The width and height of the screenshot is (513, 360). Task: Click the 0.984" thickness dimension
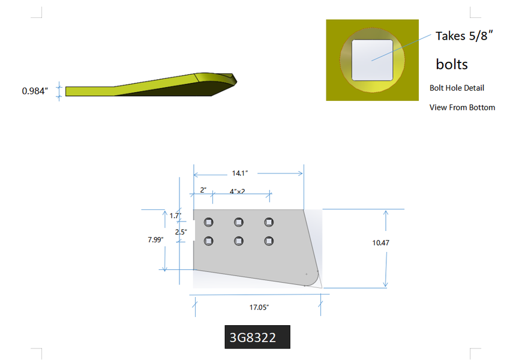(x=35, y=91)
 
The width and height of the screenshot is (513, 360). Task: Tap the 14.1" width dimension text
(x=240, y=173)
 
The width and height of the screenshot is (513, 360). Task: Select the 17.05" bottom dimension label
(x=259, y=307)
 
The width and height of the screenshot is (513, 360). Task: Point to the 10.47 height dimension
(x=381, y=243)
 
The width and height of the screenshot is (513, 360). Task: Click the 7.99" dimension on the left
(x=155, y=239)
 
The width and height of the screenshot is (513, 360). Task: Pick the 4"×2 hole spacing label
(x=238, y=191)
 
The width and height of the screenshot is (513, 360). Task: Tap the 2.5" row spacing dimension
(x=181, y=232)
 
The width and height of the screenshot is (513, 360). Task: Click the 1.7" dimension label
(x=175, y=215)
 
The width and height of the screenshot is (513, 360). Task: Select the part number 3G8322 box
(x=257, y=337)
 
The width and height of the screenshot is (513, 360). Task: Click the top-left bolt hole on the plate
(x=209, y=223)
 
